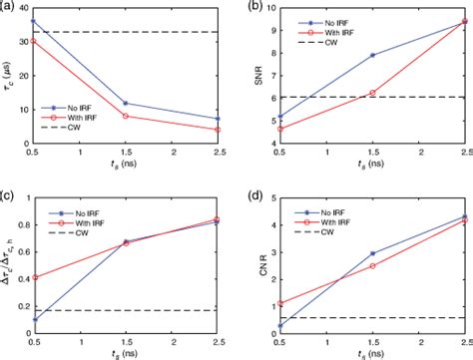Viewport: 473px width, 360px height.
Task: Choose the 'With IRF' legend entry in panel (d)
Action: coord(333,214)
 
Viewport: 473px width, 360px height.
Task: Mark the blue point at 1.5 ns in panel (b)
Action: coord(373,55)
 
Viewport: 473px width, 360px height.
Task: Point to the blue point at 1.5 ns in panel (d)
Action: coord(373,253)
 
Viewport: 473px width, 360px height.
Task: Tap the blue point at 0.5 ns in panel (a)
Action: coord(35,21)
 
